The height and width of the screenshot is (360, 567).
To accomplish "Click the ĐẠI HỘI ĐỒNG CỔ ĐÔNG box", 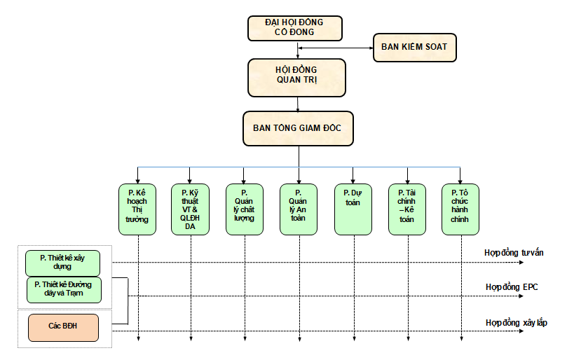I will [295, 28].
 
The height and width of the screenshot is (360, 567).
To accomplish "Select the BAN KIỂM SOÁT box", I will [414, 48].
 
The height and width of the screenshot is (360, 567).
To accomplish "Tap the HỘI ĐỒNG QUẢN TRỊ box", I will [296, 76].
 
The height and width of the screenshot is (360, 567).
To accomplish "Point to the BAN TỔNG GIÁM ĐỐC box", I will [298, 128].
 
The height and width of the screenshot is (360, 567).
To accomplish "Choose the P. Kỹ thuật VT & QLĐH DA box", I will [190, 209].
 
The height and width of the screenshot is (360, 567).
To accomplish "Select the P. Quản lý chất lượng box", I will [244, 209].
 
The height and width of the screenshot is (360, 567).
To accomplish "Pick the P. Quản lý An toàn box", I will [299, 209].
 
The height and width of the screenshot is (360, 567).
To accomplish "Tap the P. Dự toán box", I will [353, 209].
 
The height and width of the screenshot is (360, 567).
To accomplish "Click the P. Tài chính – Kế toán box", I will [407, 209].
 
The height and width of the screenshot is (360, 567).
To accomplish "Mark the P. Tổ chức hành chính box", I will [460, 209].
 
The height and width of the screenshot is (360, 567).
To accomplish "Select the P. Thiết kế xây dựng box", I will [62, 263].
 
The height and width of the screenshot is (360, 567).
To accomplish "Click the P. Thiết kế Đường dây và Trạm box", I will [64, 288].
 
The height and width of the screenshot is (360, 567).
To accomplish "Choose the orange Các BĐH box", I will [63, 327].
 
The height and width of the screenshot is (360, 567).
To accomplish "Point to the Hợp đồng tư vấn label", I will [514, 252].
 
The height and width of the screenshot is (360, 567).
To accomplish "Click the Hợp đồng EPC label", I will [512, 287].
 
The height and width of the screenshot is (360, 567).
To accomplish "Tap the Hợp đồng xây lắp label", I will [516, 323].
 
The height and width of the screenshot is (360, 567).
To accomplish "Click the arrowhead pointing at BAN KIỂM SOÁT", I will [371, 48].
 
